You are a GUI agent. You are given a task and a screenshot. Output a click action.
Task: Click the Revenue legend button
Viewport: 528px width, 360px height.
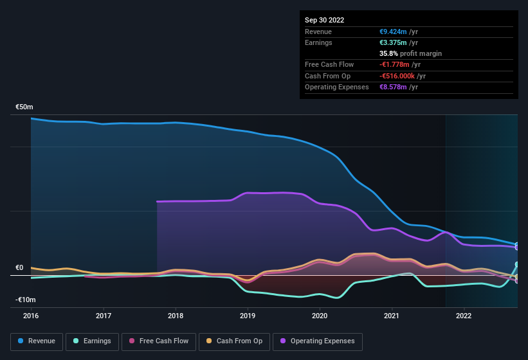click(37, 341)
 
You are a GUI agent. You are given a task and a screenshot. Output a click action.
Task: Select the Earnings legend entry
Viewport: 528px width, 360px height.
click(93, 341)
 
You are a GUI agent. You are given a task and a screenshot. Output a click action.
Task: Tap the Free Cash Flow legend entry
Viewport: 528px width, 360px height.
click(158, 341)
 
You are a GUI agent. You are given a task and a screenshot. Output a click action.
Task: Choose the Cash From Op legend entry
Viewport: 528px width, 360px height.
click(234, 341)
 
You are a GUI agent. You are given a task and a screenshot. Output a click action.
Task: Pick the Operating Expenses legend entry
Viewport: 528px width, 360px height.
click(318, 341)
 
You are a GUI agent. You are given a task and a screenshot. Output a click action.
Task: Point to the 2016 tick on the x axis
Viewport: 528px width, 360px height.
click(31, 316)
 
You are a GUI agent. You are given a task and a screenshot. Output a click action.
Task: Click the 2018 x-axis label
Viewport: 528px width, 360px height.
click(176, 316)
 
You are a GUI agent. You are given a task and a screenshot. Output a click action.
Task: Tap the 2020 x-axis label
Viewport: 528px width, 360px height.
click(320, 316)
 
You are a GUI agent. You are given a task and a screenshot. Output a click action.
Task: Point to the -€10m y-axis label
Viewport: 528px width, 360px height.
click(26, 300)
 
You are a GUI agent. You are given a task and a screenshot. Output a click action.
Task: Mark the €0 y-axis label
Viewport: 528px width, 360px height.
click(19, 268)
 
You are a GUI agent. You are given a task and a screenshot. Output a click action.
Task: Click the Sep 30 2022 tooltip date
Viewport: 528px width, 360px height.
click(324, 20)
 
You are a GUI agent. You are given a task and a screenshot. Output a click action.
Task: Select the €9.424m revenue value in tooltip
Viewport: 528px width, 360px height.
click(394, 32)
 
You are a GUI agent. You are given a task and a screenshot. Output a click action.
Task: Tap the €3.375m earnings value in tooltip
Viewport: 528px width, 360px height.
click(394, 42)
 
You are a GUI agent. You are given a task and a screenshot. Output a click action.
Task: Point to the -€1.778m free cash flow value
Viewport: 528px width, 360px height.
click(395, 64)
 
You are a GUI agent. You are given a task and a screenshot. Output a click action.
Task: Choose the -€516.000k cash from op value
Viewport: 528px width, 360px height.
click(397, 76)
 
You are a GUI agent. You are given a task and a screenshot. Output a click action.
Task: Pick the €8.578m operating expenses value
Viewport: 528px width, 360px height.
click(394, 87)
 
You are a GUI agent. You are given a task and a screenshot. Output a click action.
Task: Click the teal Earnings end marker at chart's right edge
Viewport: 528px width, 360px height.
click(516, 265)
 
